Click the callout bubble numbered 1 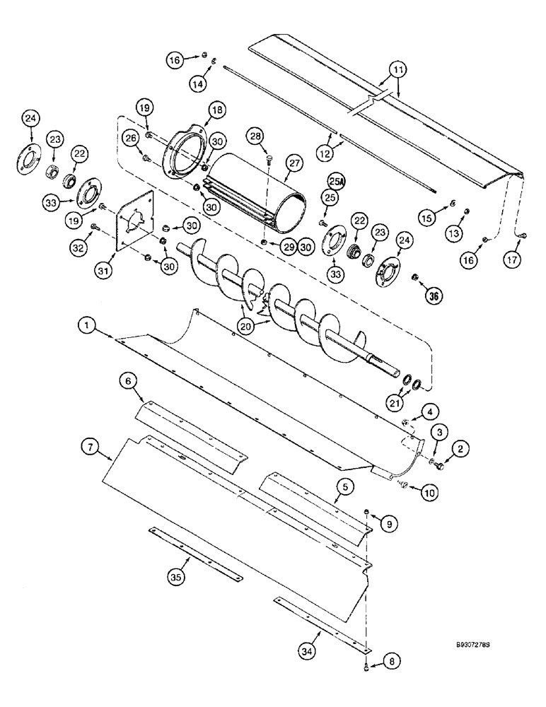click(87, 326)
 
